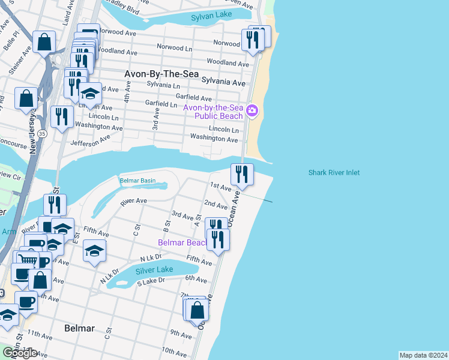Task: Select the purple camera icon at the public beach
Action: click(x=252, y=110)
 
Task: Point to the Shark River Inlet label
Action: click(x=334, y=173)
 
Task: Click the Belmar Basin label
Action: click(x=137, y=180)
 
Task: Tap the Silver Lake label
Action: click(x=154, y=270)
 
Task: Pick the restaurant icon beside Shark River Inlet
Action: click(x=243, y=174)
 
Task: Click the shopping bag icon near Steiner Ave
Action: click(x=44, y=42)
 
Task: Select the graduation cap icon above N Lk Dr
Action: click(x=94, y=251)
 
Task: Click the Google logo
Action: click(x=20, y=353)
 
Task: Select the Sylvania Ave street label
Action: click(x=223, y=81)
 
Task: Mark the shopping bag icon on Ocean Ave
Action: click(x=197, y=310)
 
